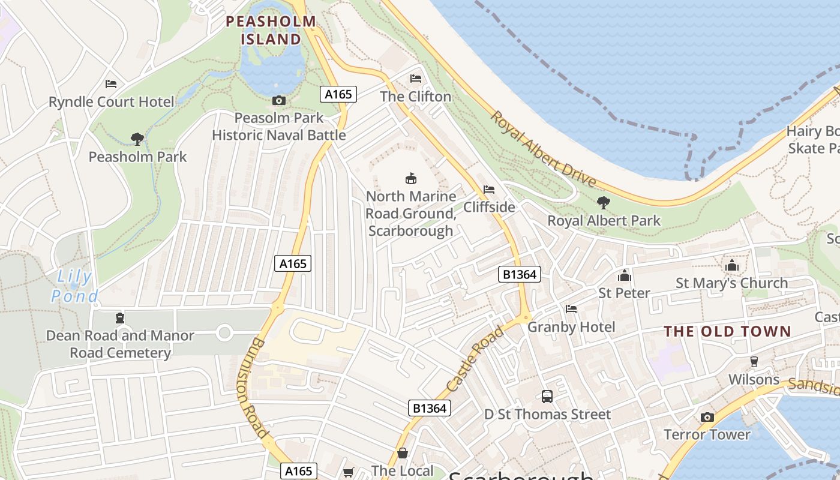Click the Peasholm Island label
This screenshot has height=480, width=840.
point(271,31)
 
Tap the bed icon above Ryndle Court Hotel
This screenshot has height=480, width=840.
point(111,84)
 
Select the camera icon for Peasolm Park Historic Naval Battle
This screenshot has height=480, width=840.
point(279,101)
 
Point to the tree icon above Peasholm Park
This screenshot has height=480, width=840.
point(137,139)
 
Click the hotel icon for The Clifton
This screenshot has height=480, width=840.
point(415,79)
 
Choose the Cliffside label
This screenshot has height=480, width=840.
point(489,207)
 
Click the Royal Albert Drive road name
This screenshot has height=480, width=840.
point(544,148)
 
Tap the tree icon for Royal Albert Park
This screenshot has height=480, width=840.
point(604,203)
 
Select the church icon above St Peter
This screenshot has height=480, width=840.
point(625,275)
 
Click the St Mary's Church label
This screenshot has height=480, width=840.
point(732,283)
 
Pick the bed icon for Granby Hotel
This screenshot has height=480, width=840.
point(571,309)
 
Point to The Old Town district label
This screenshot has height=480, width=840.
point(728,331)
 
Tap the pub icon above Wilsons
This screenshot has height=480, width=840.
point(754,362)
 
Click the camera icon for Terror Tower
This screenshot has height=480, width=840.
point(707,417)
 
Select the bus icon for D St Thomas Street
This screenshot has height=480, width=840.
point(547,397)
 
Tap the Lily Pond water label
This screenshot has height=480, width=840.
point(74,286)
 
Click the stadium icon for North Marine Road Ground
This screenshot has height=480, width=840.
point(411,178)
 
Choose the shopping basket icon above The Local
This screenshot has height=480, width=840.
point(403,453)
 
